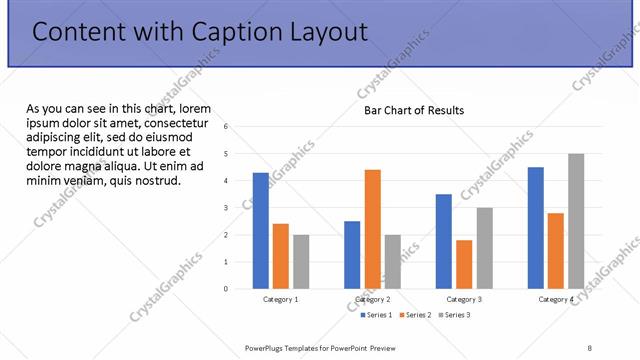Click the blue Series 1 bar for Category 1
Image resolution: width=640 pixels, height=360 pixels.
261,231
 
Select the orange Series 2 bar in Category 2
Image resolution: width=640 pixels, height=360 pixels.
372,229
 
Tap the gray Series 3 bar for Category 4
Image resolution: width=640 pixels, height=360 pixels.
576,221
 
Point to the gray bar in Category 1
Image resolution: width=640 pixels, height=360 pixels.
301,262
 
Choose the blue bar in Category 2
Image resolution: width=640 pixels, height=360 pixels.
352,255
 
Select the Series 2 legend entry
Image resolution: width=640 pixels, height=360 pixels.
417,315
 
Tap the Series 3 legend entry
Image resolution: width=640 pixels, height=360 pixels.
454,315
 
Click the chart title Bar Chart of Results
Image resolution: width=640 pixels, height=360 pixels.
413,110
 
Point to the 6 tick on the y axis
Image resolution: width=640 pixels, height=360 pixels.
226,127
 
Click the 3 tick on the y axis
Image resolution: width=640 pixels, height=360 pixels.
226,208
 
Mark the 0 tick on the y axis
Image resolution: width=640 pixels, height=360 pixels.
226,289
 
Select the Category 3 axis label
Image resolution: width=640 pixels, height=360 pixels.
464,299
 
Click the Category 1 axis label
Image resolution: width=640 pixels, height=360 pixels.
281,299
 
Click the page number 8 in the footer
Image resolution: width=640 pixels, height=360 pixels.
590,348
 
